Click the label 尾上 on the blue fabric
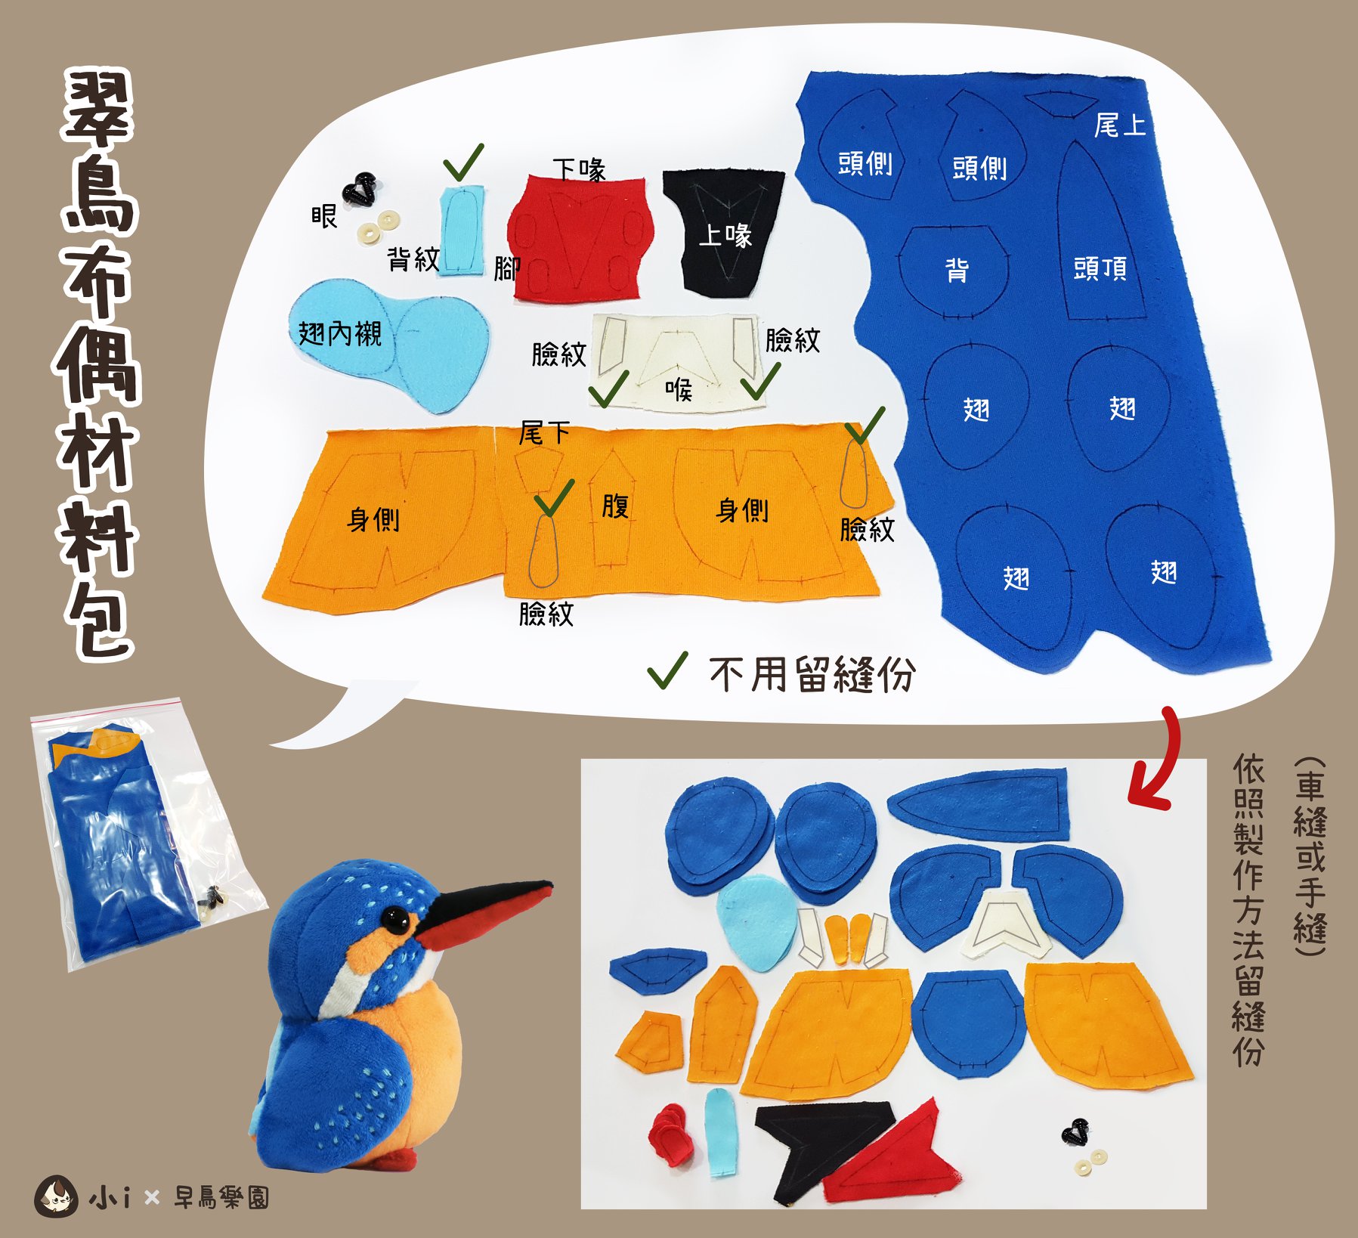coord(1120,125)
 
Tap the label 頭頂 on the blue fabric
coord(1100,268)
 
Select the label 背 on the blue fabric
coord(957,269)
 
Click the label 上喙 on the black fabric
coord(725,235)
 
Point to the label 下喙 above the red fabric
coord(579,169)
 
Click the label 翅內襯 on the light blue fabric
coord(340,333)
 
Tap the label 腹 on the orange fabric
coord(615,506)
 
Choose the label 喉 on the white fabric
coord(679,390)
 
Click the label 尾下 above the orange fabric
coord(544,433)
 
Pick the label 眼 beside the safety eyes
coord(324,216)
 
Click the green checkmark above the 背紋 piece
coord(462,161)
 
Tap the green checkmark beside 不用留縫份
coord(668,670)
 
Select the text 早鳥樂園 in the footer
coord(221,1197)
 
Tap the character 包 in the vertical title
coord(99,620)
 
